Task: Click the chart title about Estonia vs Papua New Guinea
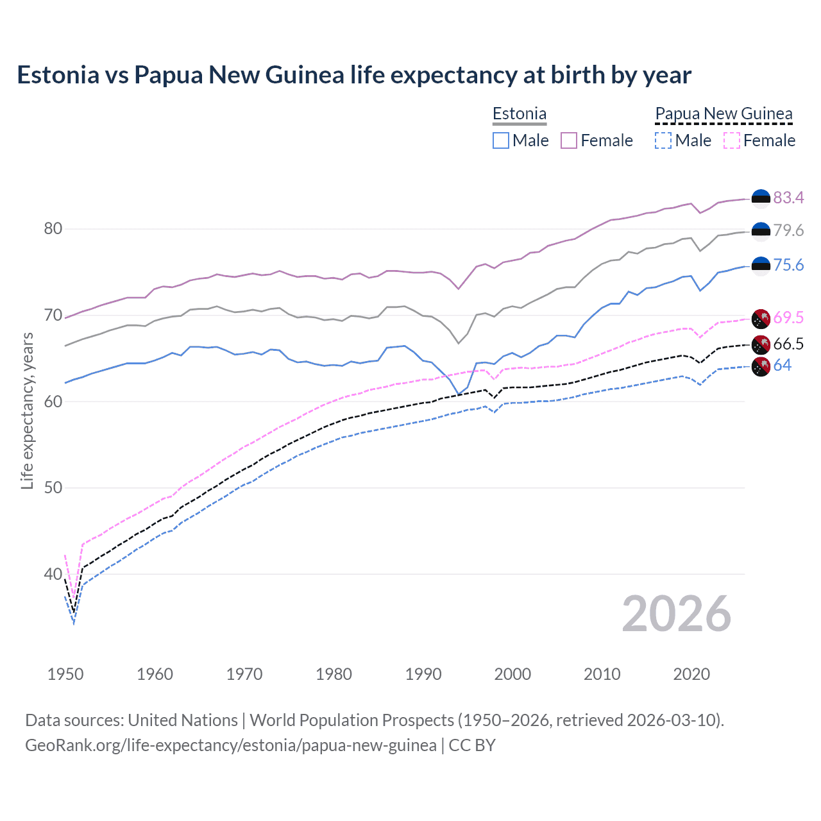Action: pos(354,75)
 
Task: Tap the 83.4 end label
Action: pos(788,198)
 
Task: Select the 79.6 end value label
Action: pos(788,230)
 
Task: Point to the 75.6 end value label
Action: pos(788,265)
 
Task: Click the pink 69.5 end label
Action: pos(788,317)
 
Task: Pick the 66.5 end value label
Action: pos(788,344)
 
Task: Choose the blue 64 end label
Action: pos(782,366)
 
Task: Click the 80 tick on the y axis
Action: pos(53,229)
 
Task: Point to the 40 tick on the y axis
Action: pos(53,574)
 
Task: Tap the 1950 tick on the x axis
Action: pos(65,674)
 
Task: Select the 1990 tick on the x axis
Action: pos(423,674)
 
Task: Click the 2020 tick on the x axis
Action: pos(691,674)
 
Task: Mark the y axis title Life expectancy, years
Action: pos(27,410)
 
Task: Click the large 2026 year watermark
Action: pos(677,614)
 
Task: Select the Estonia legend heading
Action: pos(520,114)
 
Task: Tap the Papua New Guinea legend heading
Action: pos(724,114)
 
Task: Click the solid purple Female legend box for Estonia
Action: pos(569,140)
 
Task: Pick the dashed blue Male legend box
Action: pos(663,140)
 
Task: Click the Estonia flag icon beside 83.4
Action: pos(761,198)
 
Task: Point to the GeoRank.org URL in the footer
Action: pos(231,745)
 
